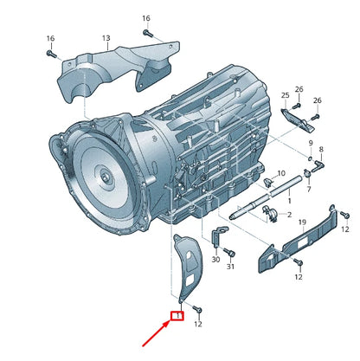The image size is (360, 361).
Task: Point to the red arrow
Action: pos(156,332)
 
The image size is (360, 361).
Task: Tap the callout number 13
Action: pos(106,38)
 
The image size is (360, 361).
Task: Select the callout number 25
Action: pos(285,94)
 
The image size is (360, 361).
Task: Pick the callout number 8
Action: pos(321,150)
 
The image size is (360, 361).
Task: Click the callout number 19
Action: pos(302,223)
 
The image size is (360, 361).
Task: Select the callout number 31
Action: pos(230,268)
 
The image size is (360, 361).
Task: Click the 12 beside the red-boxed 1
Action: pos(197,324)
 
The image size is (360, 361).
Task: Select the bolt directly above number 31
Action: pos(229,252)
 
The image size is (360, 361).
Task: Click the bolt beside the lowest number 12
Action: pos(197,307)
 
